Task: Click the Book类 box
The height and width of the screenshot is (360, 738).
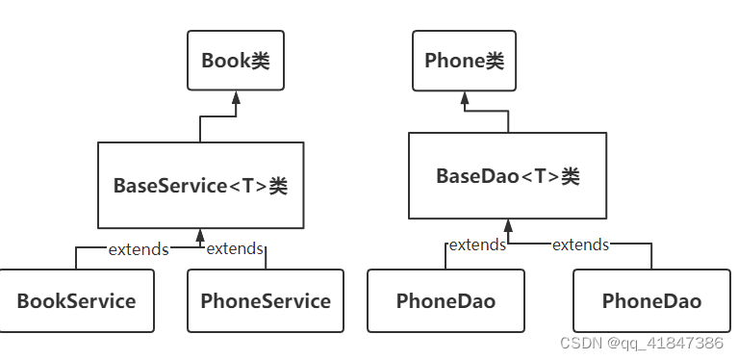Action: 236,61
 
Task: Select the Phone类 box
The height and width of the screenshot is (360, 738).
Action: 464,61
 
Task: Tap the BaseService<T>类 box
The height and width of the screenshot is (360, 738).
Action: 200,186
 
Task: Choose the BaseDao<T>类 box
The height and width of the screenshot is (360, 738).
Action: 507,176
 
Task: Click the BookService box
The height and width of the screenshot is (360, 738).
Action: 76,300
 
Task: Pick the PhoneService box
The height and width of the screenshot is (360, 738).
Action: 266,300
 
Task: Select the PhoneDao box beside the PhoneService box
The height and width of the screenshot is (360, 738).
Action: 445,300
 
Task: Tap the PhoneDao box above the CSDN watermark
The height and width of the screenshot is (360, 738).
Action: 651,300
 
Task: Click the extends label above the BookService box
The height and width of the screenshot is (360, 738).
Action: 138,249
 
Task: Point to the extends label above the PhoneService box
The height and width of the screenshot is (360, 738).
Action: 235,249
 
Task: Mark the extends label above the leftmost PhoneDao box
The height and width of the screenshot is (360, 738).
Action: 477,244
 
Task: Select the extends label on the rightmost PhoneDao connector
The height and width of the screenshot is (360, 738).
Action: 580,244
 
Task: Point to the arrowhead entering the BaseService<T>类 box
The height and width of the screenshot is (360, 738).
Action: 200,235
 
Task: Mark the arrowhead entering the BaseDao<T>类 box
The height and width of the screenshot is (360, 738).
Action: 507,225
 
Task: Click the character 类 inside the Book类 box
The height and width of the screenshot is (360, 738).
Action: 260,61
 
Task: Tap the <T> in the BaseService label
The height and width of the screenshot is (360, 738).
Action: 247,186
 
